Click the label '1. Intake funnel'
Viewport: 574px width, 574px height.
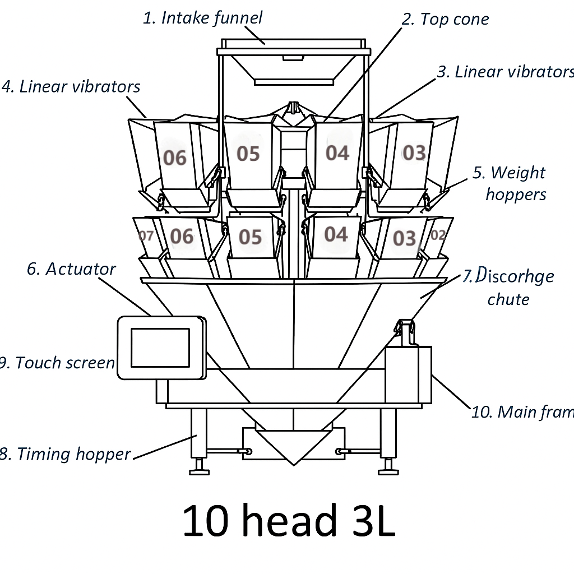tap(202, 18)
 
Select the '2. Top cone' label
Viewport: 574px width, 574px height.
tap(446, 19)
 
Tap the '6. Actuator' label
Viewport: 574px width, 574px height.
tap(71, 269)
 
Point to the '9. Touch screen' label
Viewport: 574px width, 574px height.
tap(57, 363)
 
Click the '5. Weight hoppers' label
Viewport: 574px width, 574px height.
tap(510, 183)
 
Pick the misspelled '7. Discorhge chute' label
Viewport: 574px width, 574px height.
tap(508, 287)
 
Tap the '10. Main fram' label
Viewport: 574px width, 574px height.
tap(522, 412)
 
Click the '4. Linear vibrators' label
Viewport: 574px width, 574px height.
tap(71, 87)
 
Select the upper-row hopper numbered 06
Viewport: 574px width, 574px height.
tap(174, 158)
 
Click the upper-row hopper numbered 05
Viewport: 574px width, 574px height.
tap(248, 154)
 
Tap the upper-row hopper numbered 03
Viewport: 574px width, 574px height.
tap(414, 152)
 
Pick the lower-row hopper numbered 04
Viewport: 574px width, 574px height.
tap(336, 234)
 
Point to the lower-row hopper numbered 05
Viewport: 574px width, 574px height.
tap(250, 237)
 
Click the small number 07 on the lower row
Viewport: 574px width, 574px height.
tap(146, 236)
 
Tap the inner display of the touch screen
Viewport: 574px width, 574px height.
tap(160, 348)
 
